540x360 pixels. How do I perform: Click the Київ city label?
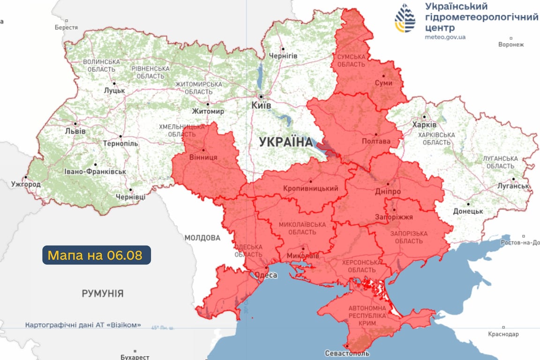(x=261, y=106)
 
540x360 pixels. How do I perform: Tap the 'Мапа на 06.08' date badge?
(x=97, y=255)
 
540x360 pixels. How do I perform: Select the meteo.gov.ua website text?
(x=445, y=37)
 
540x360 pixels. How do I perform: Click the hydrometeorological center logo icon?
(x=405, y=18)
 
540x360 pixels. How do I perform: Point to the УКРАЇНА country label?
(x=285, y=142)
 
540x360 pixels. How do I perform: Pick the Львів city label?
(x=75, y=131)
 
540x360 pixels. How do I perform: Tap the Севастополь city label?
(x=347, y=353)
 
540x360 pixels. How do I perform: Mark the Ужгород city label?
(x=26, y=184)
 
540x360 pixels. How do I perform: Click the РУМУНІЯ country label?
(x=103, y=294)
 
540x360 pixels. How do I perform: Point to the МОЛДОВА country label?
(x=202, y=238)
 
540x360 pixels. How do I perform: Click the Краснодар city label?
(x=503, y=334)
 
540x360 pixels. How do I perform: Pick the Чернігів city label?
(x=283, y=56)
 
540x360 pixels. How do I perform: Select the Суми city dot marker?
(x=383, y=75)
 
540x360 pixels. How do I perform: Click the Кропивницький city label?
(x=311, y=188)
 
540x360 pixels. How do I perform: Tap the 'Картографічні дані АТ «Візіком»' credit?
(x=83, y=325)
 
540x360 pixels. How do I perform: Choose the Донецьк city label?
(x=468, y=211)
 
